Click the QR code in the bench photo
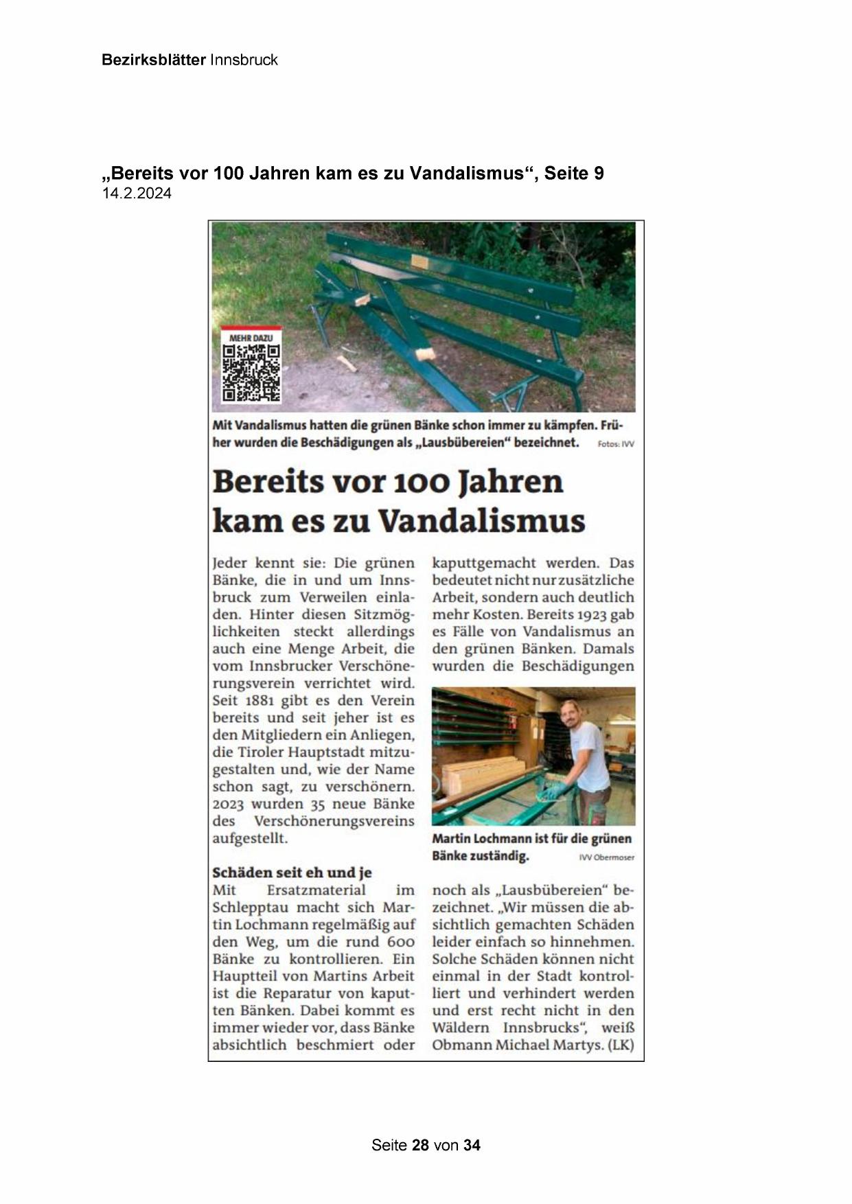click(x=251, y=373)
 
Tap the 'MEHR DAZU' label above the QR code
click(x=251, y=338)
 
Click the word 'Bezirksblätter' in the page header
click(x=153, y=60)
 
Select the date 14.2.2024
click(x=137, y=194)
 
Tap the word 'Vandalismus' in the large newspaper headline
click(x=481, y=521)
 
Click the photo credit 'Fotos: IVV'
click(x=616, y=444)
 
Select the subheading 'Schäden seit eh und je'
click(x=292, y=872)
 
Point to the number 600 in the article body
click(x=400, y=942)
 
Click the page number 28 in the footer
click(x=420, y=1145)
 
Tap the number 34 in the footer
click(x=472, y=1145)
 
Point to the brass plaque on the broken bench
click(x=417, y=263)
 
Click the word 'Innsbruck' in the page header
click(x=244, y=60)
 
